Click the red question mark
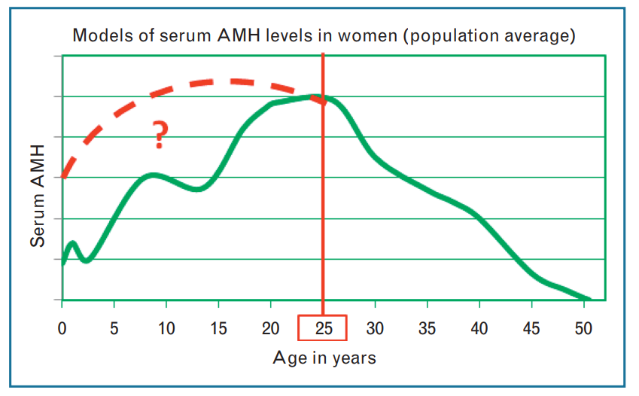pos(160,136)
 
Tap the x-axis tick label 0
pos(62,328)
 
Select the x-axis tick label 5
pos(114,328)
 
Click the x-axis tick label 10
pos(166,328)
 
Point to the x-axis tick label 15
pos(218,328)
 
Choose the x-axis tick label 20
pos(271,328)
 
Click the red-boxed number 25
pos(323,328)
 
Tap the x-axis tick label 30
pos(376,328)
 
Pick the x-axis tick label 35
pos(428,328)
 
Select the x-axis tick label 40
pos(479,328)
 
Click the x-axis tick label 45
pos(531,328)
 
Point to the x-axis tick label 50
pos(584,328)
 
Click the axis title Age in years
pos(324,358)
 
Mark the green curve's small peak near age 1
pos(72,243)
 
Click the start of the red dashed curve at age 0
pos(63,177)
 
